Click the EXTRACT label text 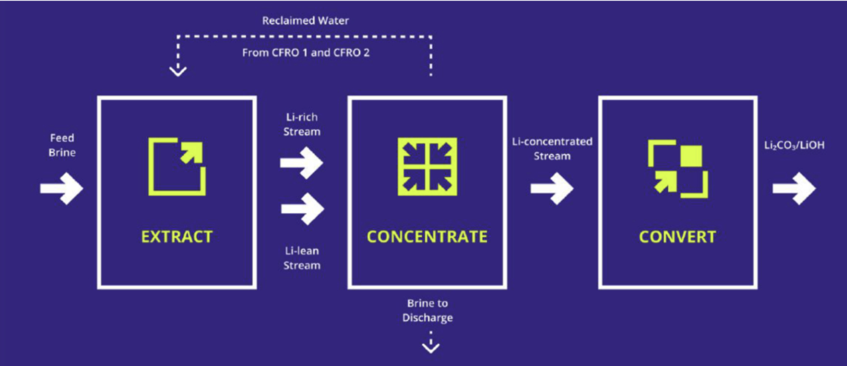click(177, 237)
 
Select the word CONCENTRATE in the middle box click(427, 237)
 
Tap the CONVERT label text click(677, 237)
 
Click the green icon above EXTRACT click(177, 167)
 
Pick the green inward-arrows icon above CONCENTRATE click(427, 167)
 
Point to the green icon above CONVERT click(678, 169)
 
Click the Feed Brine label click(62, 145)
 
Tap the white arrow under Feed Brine click(61, 188)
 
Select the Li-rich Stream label click(301, 125)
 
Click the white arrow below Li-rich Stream click(301, 163)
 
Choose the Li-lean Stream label click(301, 258)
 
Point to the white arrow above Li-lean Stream click(302, 209)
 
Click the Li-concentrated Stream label click(552, 148)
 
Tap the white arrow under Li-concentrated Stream click(552, 188)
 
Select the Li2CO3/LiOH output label click(794, 145)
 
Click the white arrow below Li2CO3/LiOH click(794, 188)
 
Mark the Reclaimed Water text click(305, 21)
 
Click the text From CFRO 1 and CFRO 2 click(306, 52)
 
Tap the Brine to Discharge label click(427, 310)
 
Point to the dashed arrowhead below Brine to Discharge click(431, 346)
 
